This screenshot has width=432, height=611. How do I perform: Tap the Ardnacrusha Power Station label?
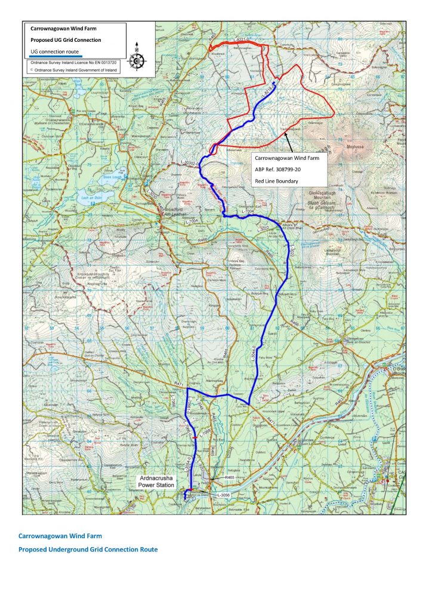coord(156,482)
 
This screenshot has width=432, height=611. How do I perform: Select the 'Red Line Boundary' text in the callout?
coord(275,180)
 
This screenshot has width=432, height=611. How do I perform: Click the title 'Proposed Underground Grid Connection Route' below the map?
coord(88,549)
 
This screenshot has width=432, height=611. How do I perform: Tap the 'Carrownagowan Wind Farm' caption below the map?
coord(56,536)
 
